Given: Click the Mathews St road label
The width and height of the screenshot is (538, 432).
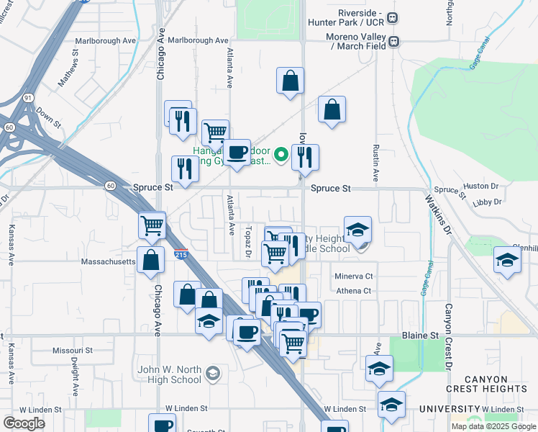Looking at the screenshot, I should [69, 68].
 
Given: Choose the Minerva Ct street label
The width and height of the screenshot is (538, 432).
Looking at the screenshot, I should [354, 276].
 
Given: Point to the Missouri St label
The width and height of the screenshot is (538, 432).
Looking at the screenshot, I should [73, 350].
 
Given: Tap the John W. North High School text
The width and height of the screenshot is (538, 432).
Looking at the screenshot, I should [170, 374].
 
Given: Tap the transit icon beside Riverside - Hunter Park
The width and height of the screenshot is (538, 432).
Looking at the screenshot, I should [393, 18].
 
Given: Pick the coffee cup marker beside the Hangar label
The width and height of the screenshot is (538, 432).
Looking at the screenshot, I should [237, 151].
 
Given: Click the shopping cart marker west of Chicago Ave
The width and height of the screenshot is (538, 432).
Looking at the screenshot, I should [152, 225].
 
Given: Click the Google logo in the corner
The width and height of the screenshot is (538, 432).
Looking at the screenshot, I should [24, 423].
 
